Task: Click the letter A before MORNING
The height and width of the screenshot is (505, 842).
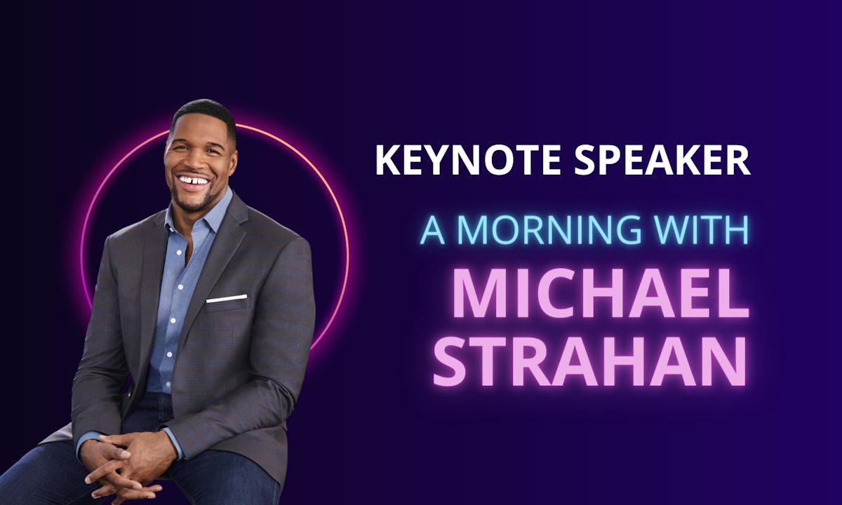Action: pyautogui.click(x=433, y=229)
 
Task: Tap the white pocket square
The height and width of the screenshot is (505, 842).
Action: pyautogui.click(x=227, y=299)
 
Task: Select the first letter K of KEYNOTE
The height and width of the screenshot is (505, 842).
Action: pyautogui.click(x=387, y=160)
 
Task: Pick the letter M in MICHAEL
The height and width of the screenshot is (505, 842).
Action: pyautogui.click(x=479, y=294)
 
